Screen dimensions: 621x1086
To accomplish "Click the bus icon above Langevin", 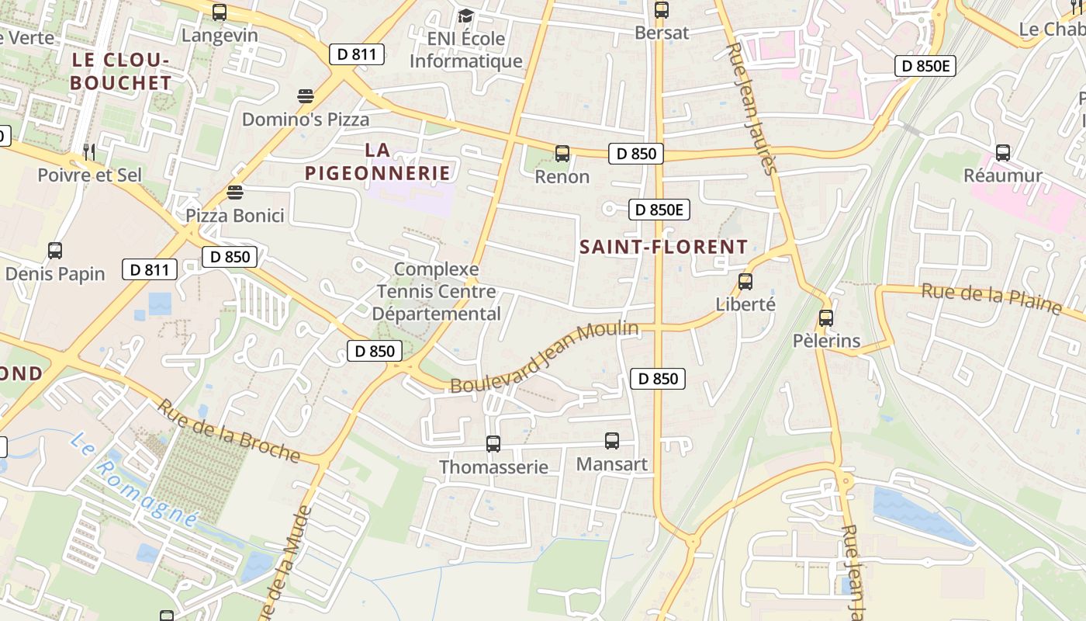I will pyautogui.click(x=220, y=12).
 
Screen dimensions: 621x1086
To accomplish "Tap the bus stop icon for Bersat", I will pyautogui.click(x=661, y=10).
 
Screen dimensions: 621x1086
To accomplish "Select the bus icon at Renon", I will pyautogui.click(x=562, y=154).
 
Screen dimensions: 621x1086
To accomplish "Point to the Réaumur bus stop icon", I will pyautogui.click(x=1003, y=153).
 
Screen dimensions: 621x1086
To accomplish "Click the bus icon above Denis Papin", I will pyautogui.click(x=55, y=251).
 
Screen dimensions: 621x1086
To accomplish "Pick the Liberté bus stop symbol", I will pyautogui.click(x=745, y=282).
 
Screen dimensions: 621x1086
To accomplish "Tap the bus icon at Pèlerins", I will pyautogui.click(x=826, y=317).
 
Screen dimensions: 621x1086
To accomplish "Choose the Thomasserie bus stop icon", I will pyautogui.click(x=493, y=444).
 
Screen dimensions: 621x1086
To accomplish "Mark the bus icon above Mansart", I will pyautogui.click(x=612, y=441).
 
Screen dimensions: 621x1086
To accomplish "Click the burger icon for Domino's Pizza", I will pyautogui.click(x=306, y=96).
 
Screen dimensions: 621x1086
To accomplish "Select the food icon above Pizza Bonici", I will pyautogui.click(x=235, y=192).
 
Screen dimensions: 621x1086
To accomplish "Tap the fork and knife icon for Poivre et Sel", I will pyautogui.click(x=90, y=152).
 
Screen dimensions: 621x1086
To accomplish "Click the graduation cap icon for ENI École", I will pyautogui.click(x=465, y=16).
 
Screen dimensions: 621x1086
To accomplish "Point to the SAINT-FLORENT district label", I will pyautogui.click(x=664, y=247).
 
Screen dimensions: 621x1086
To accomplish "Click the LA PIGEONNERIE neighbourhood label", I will pyautogui.click(x=378, y=161).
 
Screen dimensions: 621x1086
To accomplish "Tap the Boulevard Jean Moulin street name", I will pyautogui.click(x=545, y=358).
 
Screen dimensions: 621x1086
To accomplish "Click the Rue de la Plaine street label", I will pyautogui.click(x=991, y=299).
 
